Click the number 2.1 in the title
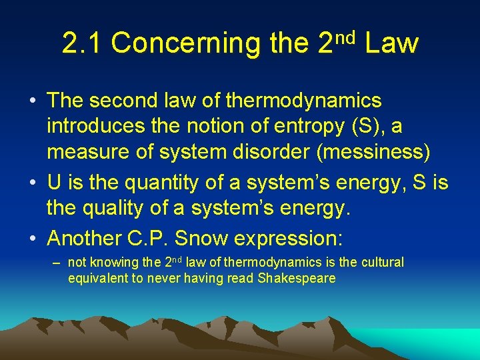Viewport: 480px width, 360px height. pos(82,43)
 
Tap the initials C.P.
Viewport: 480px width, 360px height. pos(162,237)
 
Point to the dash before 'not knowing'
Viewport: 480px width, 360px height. pos(57,262)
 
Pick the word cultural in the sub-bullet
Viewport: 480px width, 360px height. pos(383,262)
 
